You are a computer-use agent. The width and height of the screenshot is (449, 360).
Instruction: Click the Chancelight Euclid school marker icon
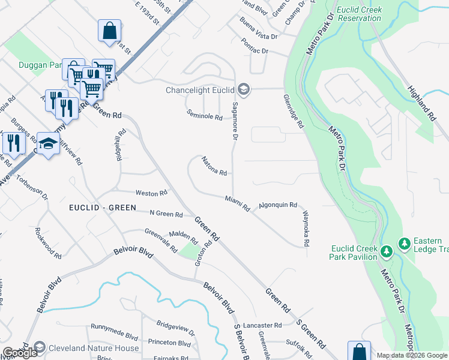coord(243,91)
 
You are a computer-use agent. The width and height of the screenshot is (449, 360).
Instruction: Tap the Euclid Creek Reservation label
coord(359,14)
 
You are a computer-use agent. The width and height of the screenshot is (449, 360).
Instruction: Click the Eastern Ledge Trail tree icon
coord(405,243)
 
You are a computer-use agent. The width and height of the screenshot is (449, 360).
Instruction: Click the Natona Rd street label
coord(214,167)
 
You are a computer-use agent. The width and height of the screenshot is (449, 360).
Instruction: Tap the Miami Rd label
coord(237,203)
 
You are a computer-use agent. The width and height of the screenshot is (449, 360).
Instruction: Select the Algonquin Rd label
coord(278,205)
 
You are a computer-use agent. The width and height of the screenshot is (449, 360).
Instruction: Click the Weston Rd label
coord(151,193)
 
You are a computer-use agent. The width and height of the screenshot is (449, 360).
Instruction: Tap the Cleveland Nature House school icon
coord(40,347)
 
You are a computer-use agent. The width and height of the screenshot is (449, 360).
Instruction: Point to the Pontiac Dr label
coord(255,47)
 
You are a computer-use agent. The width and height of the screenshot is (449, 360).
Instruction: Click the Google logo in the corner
coord(20,353)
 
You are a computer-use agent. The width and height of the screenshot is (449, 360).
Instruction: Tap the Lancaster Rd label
coord(264,325)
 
